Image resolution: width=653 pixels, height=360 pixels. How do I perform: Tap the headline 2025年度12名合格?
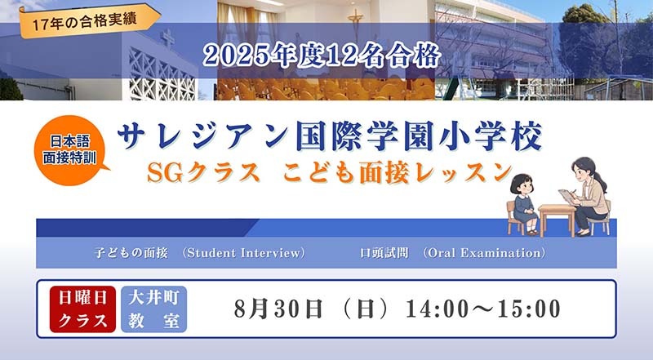point(322,56)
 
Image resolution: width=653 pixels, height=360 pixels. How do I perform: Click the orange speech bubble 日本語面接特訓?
point(69,150)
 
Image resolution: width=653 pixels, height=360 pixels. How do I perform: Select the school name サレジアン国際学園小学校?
point(330,136)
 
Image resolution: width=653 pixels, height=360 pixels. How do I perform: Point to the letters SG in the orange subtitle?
point(165,172)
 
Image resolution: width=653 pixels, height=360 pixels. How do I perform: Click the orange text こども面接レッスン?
point(398,172)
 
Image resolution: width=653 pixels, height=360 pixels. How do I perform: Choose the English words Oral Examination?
point(484,253)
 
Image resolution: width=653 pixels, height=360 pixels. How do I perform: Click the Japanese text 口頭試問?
point(384,253)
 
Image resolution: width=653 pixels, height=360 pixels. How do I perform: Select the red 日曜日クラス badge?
point(82,309)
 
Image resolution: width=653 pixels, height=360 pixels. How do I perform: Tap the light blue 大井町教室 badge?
point(154,309)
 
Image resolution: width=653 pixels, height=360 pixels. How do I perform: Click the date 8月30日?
point(278,309)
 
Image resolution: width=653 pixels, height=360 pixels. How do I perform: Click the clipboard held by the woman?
point(566,196)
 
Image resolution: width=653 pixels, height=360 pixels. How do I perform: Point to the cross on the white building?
point(168,38)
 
